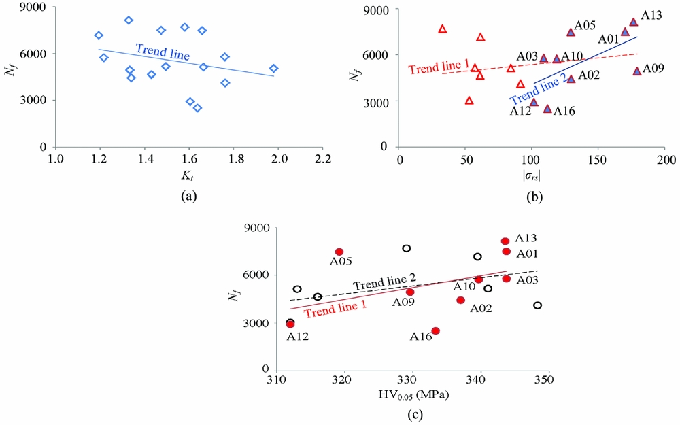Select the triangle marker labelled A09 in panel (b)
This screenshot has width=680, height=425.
(x=637, y=71)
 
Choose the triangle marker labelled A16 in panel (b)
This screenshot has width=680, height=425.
(x=547, y=109)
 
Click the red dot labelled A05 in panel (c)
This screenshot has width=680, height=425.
(x=339, y=252)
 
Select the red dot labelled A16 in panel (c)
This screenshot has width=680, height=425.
(x=435, y=331)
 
